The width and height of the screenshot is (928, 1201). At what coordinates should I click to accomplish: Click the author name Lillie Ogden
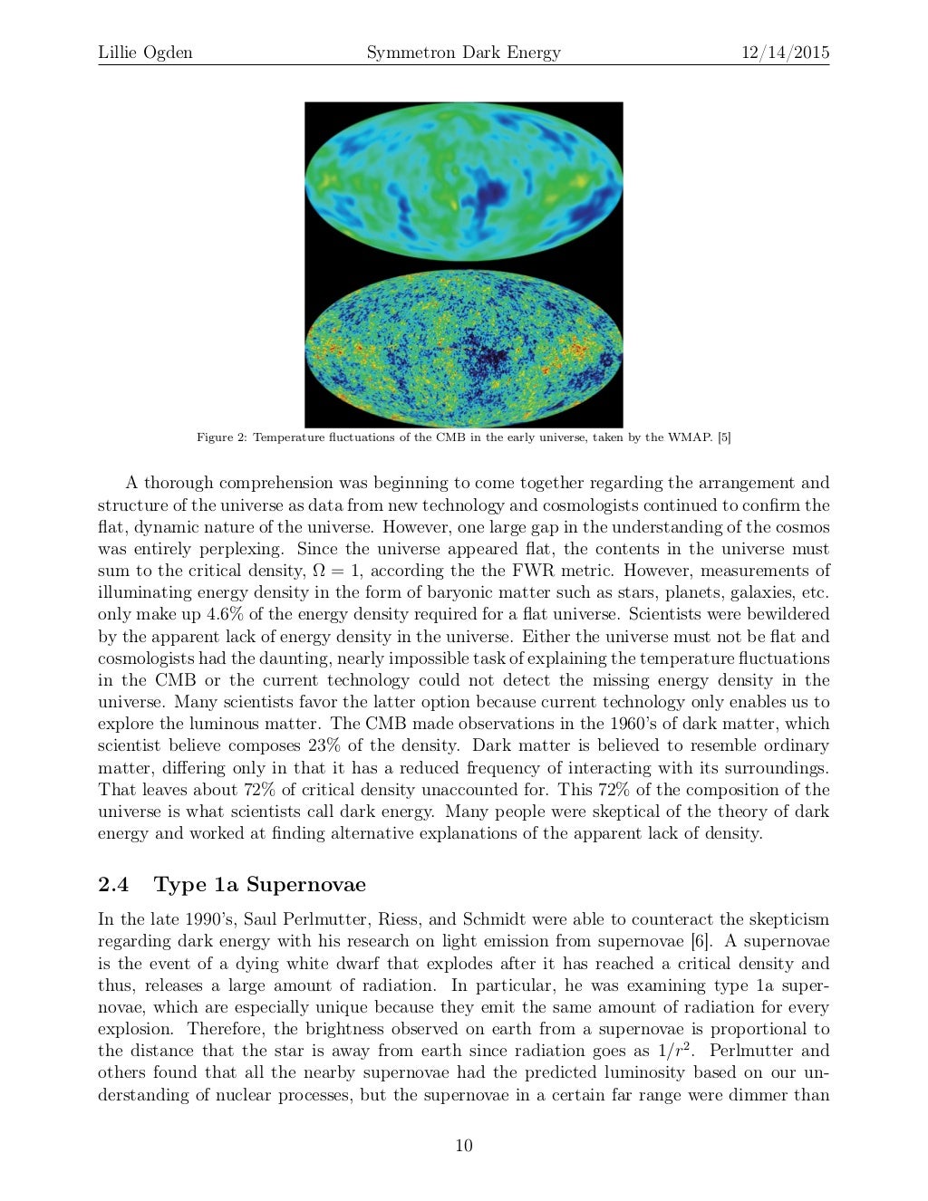(145, 53)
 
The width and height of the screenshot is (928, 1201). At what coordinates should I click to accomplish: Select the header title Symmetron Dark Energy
(463, 53)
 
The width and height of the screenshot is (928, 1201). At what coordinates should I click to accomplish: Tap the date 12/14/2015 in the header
(785, 53)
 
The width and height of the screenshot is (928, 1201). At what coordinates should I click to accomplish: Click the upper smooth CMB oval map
(463, 182)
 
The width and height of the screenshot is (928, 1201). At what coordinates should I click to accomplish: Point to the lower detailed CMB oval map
(463, 348)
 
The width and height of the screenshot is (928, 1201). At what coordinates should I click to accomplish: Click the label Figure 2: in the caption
(222, 438)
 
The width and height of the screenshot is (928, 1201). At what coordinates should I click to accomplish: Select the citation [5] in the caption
(723, 438)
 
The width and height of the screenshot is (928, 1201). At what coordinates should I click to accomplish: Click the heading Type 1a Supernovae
(260, 884)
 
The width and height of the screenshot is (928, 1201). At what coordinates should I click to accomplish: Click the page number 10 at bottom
(463, 1146)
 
